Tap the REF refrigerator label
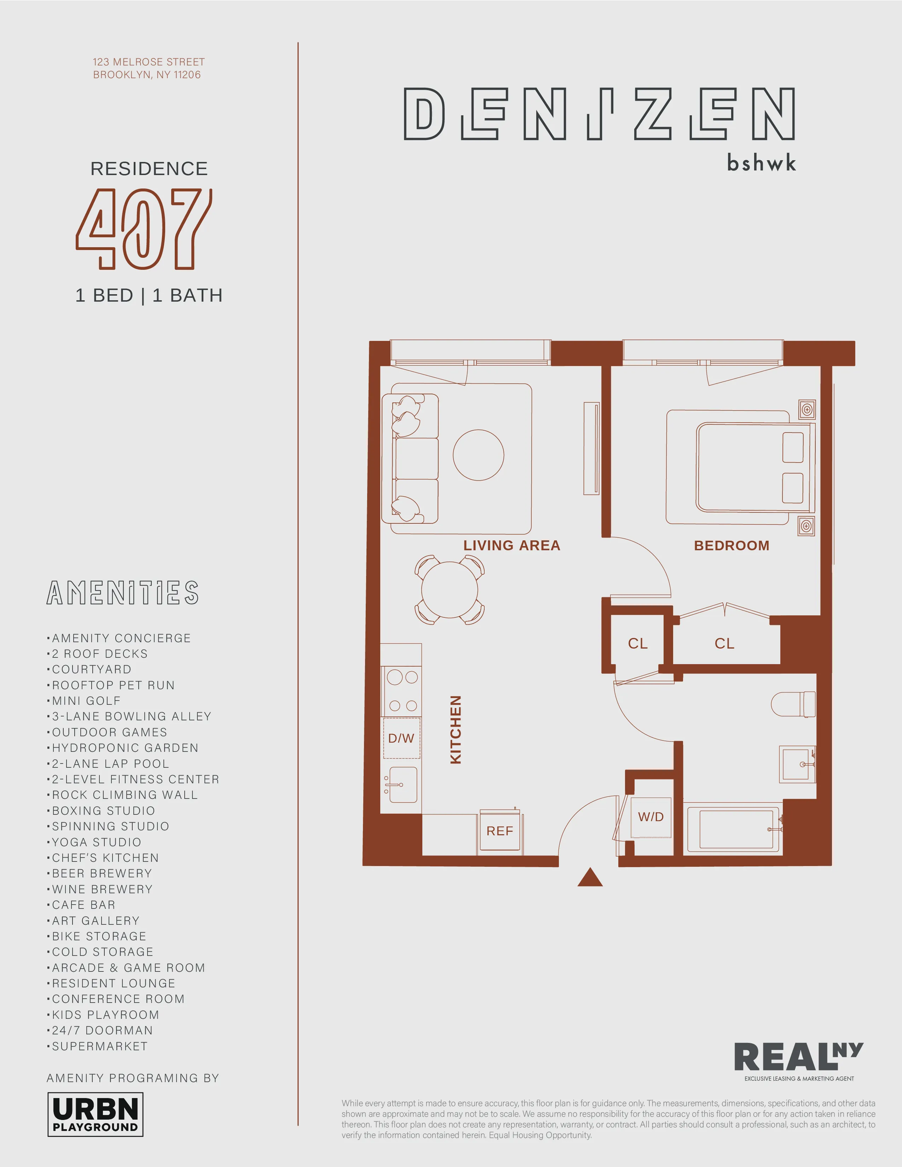click(x=499, y=831)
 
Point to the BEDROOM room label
click(x=732, y=546)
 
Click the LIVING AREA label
click(x=511, y=546)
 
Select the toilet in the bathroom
click(x=793, y=704)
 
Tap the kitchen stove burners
click(x=403, y=691)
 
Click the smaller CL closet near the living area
click(x=637, y=643)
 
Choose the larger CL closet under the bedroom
click(x=724, y=643)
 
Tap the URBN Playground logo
click(x=96, y=1114)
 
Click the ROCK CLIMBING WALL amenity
click(x=125, y=795)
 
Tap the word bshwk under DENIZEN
click(x=761, y=162)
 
